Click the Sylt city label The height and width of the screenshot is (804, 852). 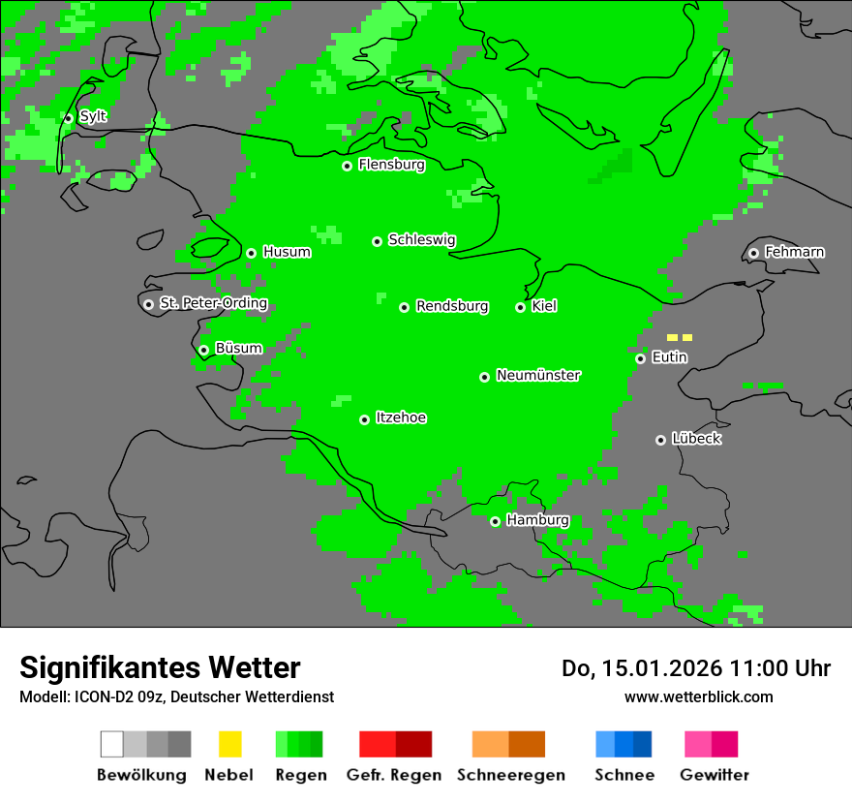(93, 117)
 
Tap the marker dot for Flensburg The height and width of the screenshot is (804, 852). (347, 166)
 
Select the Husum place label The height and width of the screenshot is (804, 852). (287, 252)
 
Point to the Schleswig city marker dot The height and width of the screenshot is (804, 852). (377, 241)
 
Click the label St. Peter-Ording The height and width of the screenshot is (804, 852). (213, 303)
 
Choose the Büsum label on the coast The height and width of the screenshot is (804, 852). (238, 349)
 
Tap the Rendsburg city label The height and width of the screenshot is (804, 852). (451, 306)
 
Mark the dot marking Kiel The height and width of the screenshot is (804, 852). (520, 307)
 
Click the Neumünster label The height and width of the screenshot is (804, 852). (538, 375)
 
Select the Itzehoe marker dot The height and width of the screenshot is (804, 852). (364, 419)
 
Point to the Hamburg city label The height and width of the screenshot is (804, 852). (537, 520)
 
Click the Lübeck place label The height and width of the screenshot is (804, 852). (696, 439)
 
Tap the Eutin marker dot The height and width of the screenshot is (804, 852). (640, 358)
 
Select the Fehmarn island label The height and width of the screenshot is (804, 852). (794, 252)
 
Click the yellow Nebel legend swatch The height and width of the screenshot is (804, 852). (229, 744)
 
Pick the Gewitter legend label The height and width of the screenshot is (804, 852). (714, 775)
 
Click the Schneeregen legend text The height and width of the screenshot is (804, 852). (510, 775)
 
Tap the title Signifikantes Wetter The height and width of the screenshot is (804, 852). (160, 667)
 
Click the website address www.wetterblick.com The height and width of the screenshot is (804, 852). (698, 696)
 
